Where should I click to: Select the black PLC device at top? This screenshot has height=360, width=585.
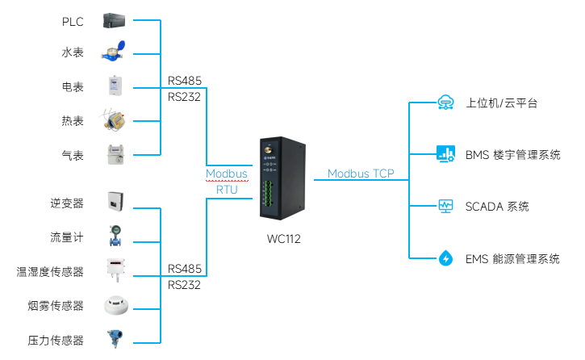coord(115,20)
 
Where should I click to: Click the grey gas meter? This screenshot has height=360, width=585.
coord(115,153)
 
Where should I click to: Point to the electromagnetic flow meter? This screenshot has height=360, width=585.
coord(115,236)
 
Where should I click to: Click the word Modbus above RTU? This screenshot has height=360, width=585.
coord(226,174)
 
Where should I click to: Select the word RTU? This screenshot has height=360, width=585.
coord(227,190)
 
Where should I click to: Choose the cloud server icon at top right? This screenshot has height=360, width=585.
coord(445,103)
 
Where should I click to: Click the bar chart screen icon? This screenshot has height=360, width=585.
coord(445,153)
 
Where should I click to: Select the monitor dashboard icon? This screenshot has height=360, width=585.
coord(445,206)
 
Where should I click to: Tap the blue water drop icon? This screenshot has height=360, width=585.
coord(445,258)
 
